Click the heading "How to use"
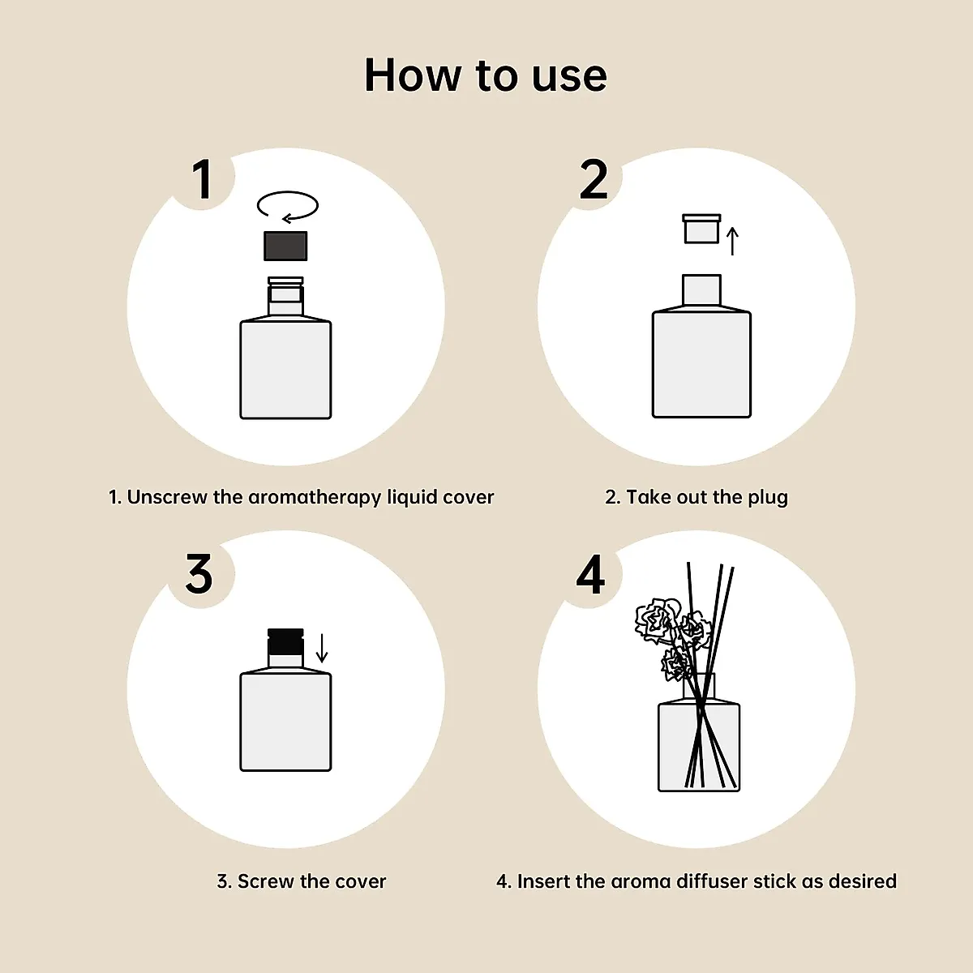(486, 75)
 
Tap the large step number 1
(202, 179)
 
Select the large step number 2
(594, 179)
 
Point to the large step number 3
(199, 574)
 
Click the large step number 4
(591, 574)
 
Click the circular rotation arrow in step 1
(288, 206)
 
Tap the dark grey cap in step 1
(285, 246)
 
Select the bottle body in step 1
(285, 369)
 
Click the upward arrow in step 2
(733, 241)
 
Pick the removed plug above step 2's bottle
(701, 229)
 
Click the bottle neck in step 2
(701, 290)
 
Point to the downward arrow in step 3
(322, 648)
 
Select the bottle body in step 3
(285, 722)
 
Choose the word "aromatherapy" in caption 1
(315, 498)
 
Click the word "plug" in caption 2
(767, 498)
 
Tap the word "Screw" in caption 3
(266, 881)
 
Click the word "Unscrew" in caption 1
(167, 498)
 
